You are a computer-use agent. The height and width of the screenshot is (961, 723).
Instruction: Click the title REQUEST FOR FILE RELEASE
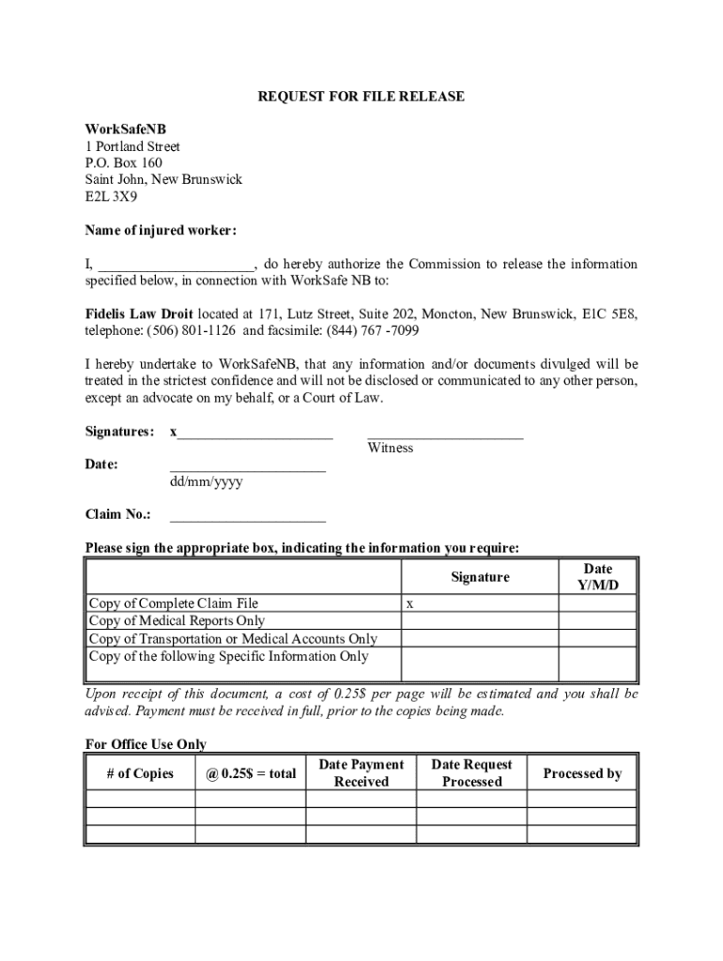pyautogui.click(x=361, y=97)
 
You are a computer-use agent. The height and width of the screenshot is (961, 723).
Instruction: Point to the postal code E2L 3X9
pyautogui.click(x=111, y=196)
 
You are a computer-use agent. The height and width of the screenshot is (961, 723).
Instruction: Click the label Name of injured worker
pyautogui.click(x=161, y=231)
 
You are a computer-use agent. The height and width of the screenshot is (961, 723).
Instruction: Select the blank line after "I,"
pyautogui.click(x=176, y=265)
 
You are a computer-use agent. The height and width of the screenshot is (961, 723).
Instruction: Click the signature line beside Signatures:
pyautogui.click(x=255, y=434)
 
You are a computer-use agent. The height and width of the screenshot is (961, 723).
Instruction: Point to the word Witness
pyautogui.click(x=390, y=448)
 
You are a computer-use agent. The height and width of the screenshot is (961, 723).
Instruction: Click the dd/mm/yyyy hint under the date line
pyautogui.click(x=207, y=481)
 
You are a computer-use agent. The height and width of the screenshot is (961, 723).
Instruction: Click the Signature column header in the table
pyautogui.click(x=480, y=577)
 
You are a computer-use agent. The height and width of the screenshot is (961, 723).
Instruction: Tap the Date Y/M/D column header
pyautogui.click(x=598, y=577)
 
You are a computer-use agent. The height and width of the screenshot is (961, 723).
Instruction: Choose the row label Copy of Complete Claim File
pyautogui.click(x=173, y=603)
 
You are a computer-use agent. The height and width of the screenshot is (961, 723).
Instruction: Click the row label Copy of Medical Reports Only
pyautogui.click(x=177, y=620)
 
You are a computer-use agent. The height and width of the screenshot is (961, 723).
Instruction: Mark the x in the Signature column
pyautogui.click(x=409, y=604)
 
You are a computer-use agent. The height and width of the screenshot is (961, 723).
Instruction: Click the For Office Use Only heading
pyautogui.click(x=146, y=744)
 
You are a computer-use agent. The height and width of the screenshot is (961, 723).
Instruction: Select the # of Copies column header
pyautogui.click(x=140, y=774)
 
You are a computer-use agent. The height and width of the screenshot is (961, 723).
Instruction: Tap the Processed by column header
pyautogui.click(x=582, y=774)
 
